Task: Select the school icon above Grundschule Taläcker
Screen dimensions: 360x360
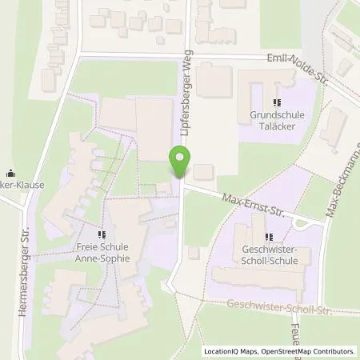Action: coord(277,102)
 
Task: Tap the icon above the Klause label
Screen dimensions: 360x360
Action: coord(10,172)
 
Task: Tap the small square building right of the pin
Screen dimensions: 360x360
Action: coord(204,171)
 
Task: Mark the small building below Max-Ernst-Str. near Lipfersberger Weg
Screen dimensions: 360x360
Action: coord(194,253)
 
